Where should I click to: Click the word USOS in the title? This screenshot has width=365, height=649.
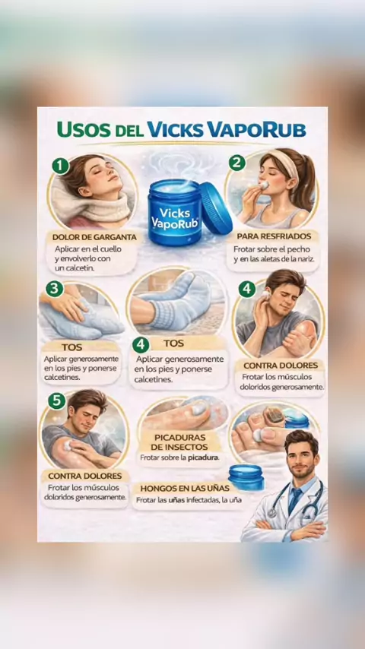pyautogui.click(x=84, y=129)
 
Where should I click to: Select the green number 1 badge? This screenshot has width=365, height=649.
pyautogui.click(x=61, y=166)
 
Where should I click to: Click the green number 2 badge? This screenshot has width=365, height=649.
pyautogui.click(x=237, y=163)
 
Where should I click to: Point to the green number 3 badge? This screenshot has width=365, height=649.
pyautogui.click(x=54, y=289)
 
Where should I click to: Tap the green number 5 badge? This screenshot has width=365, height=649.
pyautogui.click(x=57, y=400)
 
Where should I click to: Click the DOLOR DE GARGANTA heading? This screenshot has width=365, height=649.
pyautogui.click(x=94, y=238)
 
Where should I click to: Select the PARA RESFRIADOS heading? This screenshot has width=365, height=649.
pyautogui.click(x=274, y=236)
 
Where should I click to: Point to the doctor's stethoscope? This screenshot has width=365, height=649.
pyautogui.click(x=295, y=498)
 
